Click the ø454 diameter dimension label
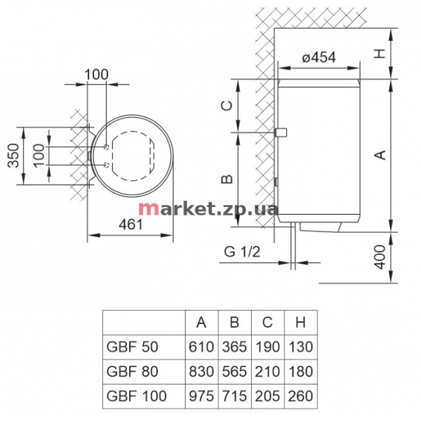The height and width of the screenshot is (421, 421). [319, 58]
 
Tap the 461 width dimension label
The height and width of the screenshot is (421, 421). [131, 225]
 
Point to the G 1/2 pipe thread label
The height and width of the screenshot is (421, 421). [242, 252]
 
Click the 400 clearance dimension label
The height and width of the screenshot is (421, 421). [380, 257]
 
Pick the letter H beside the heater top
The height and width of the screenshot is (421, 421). [380, 54]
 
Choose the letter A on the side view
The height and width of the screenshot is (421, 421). [380, 155]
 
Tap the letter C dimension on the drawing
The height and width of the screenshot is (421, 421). [227, 105]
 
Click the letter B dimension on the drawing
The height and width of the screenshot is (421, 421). [227, 179]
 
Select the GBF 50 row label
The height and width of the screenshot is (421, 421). [132, 347]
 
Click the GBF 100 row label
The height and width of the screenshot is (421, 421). [136, 396]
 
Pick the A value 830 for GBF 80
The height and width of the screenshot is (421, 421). [201, 372]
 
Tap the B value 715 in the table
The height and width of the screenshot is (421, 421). [234, 396]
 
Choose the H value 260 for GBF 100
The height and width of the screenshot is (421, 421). [301, 396]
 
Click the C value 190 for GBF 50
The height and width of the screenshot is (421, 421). [268, 347]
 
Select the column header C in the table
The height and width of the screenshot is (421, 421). [267, 322]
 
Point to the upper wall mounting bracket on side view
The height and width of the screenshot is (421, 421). [281, 133]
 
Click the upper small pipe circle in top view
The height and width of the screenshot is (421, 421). [107, 147]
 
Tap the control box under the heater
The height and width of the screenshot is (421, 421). [321, 227]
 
